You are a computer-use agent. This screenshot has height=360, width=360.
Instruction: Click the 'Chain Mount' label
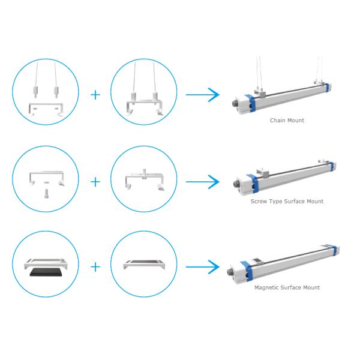(x=287, y=121)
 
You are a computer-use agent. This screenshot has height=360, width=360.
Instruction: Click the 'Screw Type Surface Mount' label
(x=287, y=202)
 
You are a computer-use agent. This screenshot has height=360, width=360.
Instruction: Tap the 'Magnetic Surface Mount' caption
(x=287, y=287)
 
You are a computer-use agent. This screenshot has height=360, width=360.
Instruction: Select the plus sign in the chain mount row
(x=95, y=95)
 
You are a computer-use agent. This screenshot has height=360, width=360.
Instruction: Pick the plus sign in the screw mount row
(x=95, y=182)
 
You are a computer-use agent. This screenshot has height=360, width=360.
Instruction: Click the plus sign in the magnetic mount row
(x=95, y=267)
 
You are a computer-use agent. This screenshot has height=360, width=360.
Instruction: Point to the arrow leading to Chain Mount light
(x=203, y=95)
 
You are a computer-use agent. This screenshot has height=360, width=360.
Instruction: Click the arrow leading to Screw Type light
(x=203, y=182)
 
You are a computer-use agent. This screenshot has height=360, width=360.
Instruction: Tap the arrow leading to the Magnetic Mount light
(x=203, y=267)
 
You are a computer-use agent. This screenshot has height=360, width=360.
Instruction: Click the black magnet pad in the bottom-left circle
(x=46, y=272)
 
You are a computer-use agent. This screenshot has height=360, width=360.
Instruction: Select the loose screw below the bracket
(x=47, y=193)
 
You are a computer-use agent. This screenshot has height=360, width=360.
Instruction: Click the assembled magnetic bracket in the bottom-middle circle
(x=144, y=265)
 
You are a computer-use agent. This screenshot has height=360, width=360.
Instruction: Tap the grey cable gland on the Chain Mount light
(x=235, y=103)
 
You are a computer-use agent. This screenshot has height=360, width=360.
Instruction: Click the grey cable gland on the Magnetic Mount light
(x=230, y=272)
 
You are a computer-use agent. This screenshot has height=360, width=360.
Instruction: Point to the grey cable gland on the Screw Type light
(x=236, y=185)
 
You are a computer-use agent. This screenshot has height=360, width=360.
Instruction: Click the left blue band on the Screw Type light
(x=253, y=184)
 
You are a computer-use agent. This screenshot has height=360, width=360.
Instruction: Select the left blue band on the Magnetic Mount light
(x=247, y=271)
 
